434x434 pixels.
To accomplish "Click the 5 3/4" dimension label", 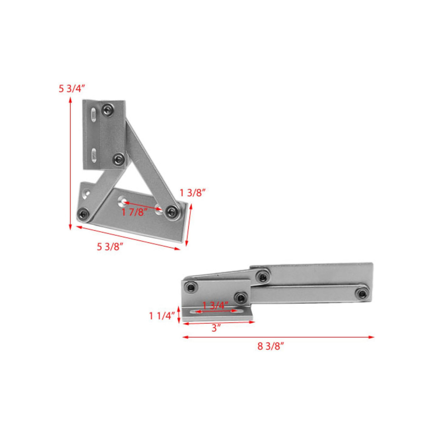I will [x=71, y=89].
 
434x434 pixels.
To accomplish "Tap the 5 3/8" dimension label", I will [x=110, y=247].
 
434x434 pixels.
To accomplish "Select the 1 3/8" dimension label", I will [x=193, y=193].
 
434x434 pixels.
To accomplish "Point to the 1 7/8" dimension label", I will [x=135, y=213].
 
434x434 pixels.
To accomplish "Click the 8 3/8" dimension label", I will [x=270, y=346].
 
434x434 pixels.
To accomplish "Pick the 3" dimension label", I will [x=216, y=328].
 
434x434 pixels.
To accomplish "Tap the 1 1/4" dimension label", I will [x=162, y=316].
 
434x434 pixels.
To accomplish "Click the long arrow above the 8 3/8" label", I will [x=278, y=337].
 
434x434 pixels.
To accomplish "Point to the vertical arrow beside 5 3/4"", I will [x=70, y=163].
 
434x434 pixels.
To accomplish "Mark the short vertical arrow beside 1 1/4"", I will [x=179, y=315].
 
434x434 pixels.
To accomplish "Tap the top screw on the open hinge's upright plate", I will [x=108, y=109].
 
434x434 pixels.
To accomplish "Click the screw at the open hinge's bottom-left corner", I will [x=83, y=214].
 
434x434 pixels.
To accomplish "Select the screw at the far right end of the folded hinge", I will [x=363, y=293].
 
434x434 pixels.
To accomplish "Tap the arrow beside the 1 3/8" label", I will [x=189, y=224].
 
